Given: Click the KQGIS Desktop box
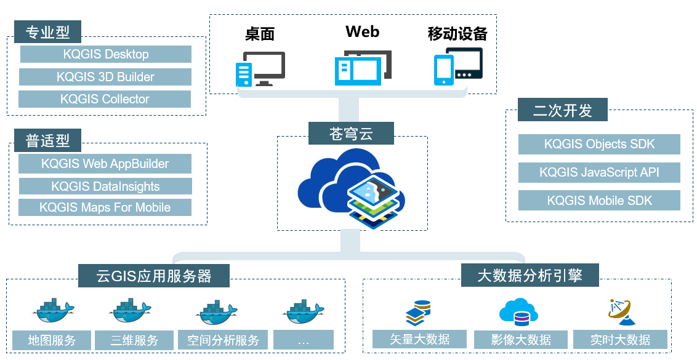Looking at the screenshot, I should click(x=105, y=54).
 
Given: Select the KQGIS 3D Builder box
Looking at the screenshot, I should click(x=105, y=77).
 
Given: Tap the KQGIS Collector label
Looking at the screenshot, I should click(x=105, y=99).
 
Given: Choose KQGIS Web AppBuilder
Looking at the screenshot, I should click(x=105, y=164).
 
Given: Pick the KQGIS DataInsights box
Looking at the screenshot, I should click(x=105, y=186).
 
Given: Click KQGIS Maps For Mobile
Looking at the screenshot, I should click(x=105, y=207).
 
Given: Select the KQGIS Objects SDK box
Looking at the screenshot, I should click(x=599, y=145).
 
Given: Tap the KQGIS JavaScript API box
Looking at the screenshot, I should click(x=599, y=172).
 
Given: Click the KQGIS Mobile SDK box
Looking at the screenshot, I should click(x=599, y=201).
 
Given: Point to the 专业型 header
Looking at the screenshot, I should click(x=48, y=31).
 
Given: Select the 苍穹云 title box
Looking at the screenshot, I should click(x=351, y=133).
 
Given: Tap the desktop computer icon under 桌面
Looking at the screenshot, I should click(x=260, y=68).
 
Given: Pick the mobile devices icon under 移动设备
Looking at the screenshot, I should click(x=458, y=66).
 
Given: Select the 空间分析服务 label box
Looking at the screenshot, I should click(x=223, y=340).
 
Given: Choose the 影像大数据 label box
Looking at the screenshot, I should click(x=521, y=340).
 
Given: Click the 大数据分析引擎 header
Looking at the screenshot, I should click(x=530, y=275).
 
